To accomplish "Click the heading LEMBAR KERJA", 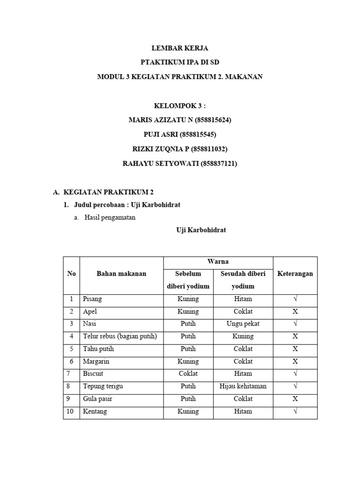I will pos(180,48).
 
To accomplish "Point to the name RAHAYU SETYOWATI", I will pos(160,163).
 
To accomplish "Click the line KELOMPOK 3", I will pos(180,106).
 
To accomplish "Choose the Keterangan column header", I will pos(295,274).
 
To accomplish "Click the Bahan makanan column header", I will pos(121,274).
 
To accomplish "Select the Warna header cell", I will pos(218,262).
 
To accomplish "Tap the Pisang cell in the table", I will pos(92,299).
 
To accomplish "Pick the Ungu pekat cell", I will pos(242,324).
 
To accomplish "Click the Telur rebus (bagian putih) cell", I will pos(120,337).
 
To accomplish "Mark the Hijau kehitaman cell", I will pos(242,386).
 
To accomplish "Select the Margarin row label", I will pos(95,361).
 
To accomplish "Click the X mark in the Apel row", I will pos(295,312).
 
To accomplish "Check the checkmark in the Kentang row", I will pos(295,412).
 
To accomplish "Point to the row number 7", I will pos(71,374).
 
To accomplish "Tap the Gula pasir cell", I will pos(97,399).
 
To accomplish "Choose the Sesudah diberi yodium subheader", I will pos(242,280).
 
